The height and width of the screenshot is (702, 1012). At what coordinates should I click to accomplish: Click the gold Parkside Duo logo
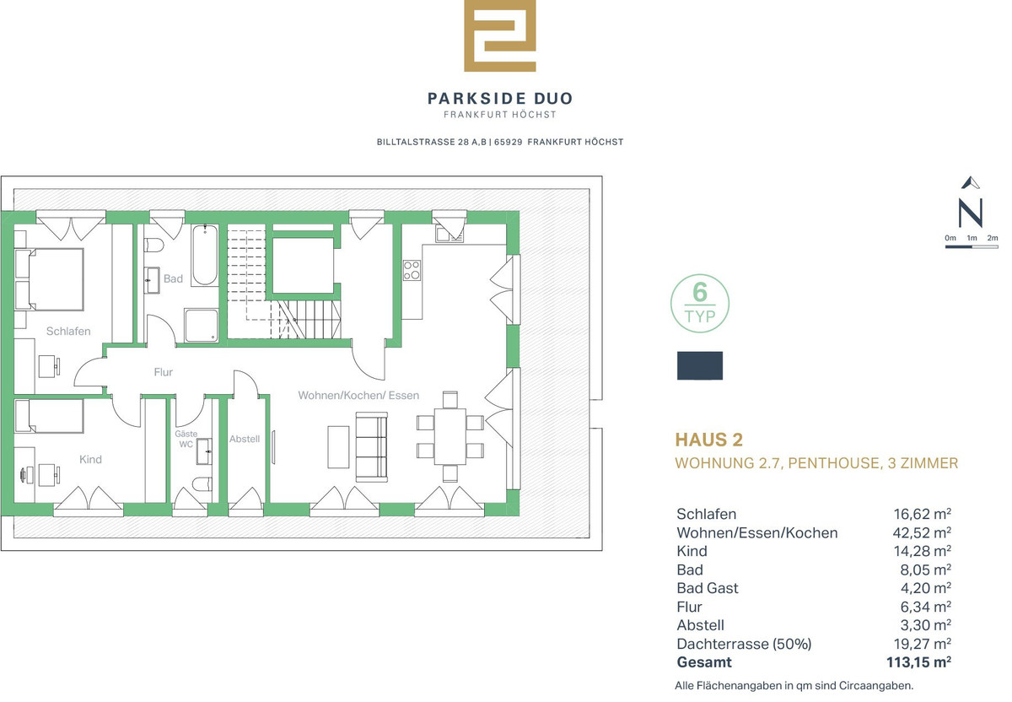point(499,36)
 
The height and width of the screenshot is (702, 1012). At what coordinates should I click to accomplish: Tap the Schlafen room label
point(68,332)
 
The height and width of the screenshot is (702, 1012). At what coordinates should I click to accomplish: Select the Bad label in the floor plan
point(173,278)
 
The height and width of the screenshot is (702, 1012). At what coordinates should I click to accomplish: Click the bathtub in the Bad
point(205,255)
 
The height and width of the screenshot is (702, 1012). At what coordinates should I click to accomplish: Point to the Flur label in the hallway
point(163,372)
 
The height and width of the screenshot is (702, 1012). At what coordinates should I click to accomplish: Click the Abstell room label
point(245,439)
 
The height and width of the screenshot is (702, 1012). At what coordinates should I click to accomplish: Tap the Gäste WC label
point(186,439)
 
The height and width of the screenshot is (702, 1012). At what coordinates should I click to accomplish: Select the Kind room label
point(90,460)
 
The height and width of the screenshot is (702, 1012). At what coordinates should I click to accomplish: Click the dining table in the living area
point(450,436)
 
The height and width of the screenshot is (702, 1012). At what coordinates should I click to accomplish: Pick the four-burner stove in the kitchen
point(412,270)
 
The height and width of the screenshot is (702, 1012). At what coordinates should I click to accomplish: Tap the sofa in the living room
point(371,446)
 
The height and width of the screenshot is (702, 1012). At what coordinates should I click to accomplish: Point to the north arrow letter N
point(971,213)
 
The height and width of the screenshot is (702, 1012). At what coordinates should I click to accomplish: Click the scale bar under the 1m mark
point(972,247)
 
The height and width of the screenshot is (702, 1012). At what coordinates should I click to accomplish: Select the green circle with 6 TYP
point(699,303)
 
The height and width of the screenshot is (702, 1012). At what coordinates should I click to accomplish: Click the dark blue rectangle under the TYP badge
point(700,365)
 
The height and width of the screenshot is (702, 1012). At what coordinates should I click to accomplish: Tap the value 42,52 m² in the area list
point(922,533)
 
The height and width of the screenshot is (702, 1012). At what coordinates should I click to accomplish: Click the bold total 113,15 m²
point(918,662)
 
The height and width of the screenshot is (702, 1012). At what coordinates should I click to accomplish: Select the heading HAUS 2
point(709,440)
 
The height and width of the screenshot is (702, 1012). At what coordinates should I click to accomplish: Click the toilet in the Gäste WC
point(202,483)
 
